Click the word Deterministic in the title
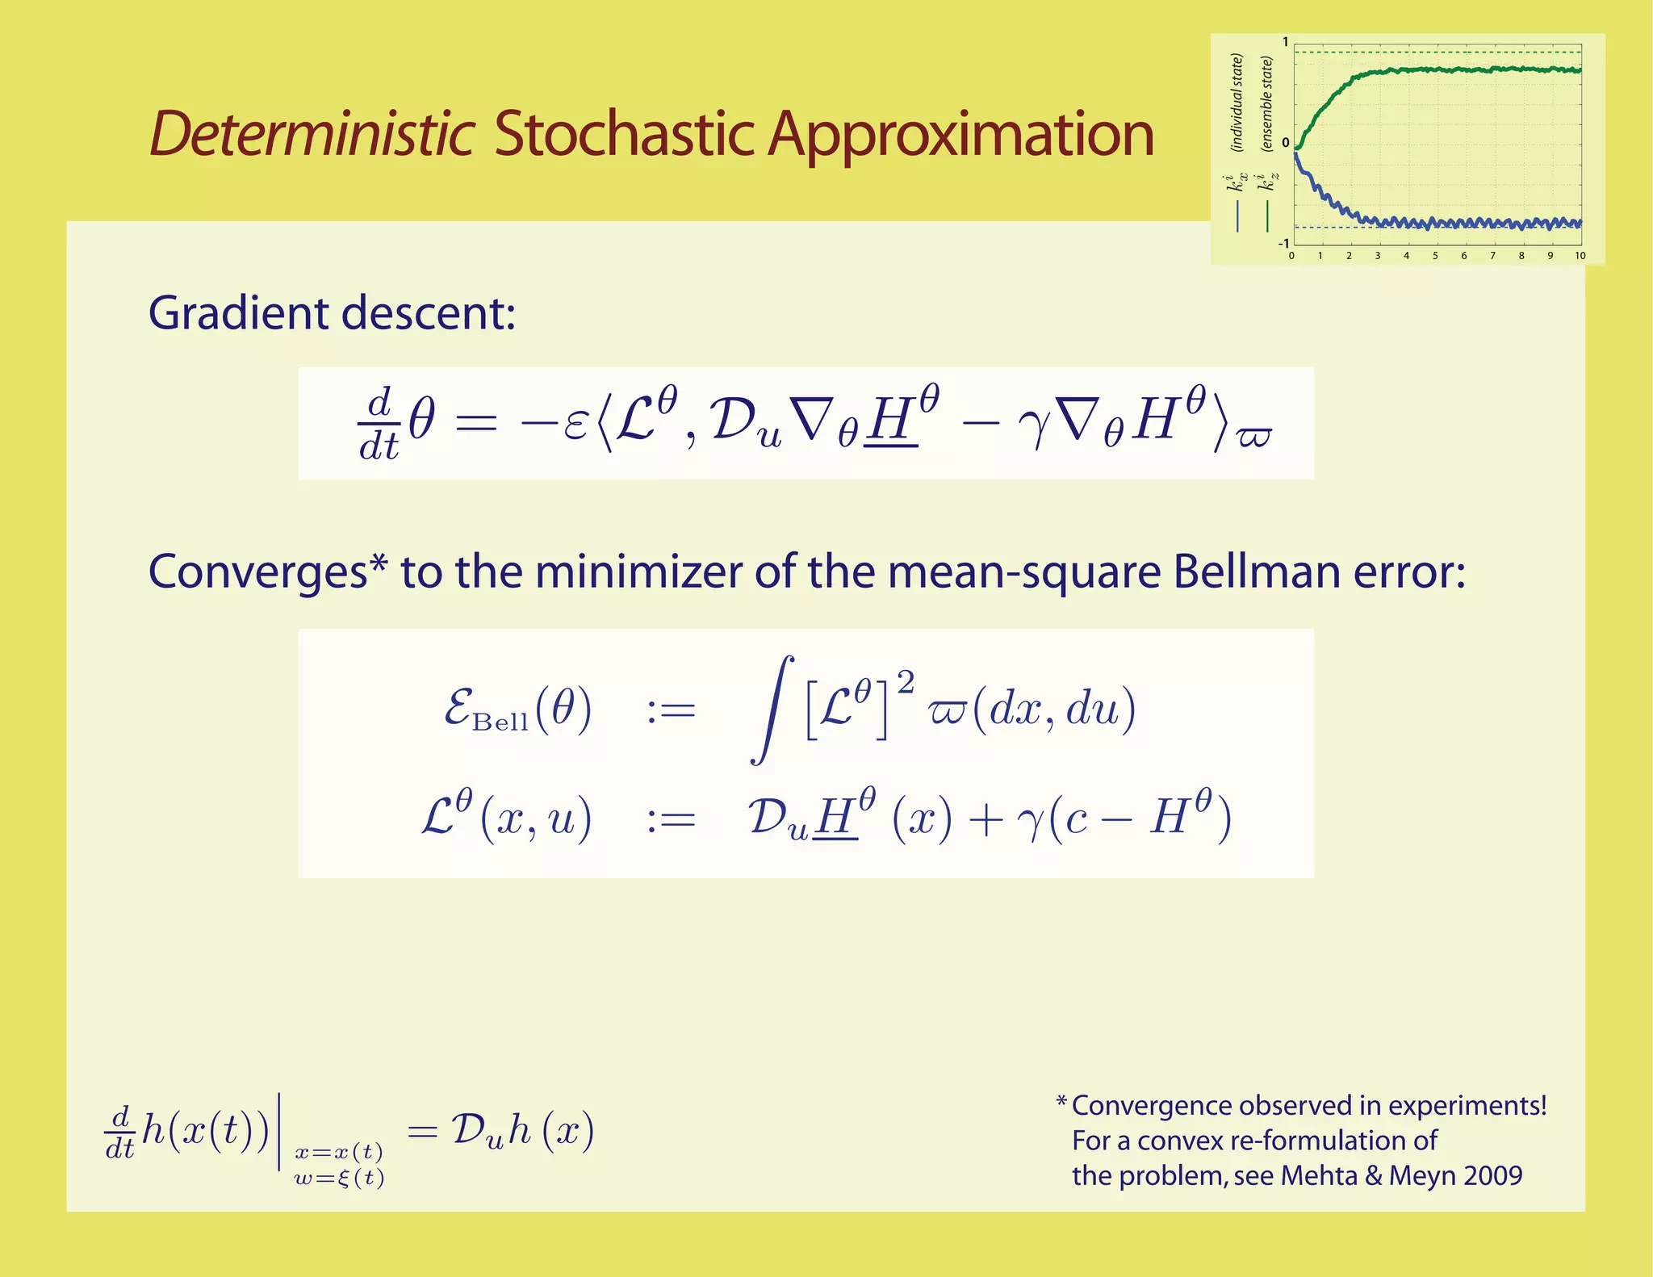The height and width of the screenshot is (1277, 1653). coord(312,133)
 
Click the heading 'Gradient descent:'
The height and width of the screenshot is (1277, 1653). coord(331,313)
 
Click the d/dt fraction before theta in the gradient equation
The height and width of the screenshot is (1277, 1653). coord(379,424)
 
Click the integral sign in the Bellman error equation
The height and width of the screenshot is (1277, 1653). coord(771,709)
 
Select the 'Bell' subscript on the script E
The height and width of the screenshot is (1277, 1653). coord(500,722)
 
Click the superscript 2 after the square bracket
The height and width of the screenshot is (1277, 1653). coord(906,683)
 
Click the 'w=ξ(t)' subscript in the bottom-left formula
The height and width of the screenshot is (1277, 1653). coord(339,1178)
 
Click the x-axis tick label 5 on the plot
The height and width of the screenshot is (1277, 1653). coord(1435,256)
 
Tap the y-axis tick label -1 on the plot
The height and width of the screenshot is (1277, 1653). coord(1283,243)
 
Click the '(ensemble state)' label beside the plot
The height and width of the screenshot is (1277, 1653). coord(1266,103)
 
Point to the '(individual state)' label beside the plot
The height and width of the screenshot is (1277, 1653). coord(1236,103)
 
